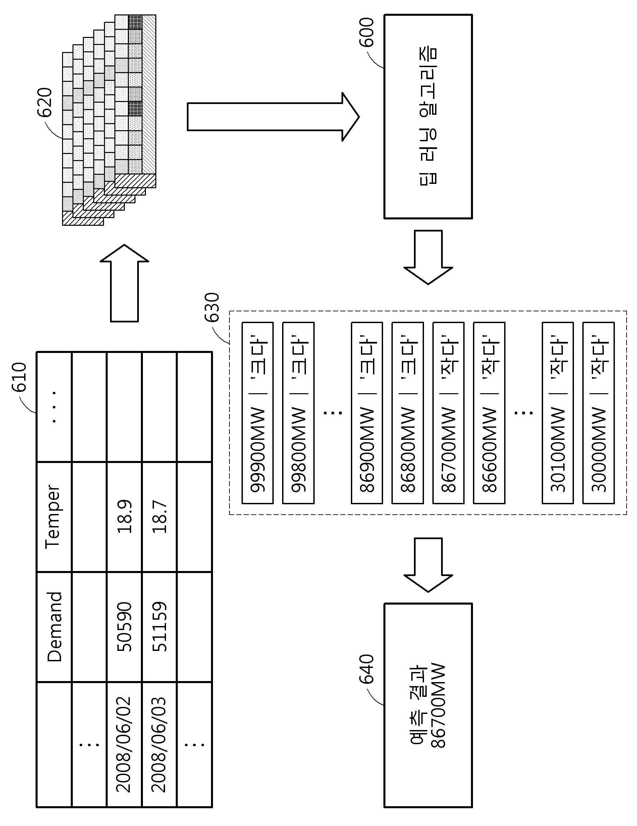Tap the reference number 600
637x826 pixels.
[x=366, y=32]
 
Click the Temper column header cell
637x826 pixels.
[x=54, y=517]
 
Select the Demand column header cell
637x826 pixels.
[x=54, y=627]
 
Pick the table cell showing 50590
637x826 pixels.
[x=124, y=627]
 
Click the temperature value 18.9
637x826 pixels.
[x=124, y=517]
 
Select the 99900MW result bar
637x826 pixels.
[x=257, y=413]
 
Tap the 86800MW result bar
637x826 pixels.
[x=408, y=413]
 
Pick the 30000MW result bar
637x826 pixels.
[x=598, y=413]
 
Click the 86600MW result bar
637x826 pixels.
[x=489, y=413]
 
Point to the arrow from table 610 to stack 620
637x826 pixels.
[x=124, y=283]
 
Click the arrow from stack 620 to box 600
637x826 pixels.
[x=273, y=116]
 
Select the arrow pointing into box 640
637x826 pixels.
[x=428, y=564]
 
